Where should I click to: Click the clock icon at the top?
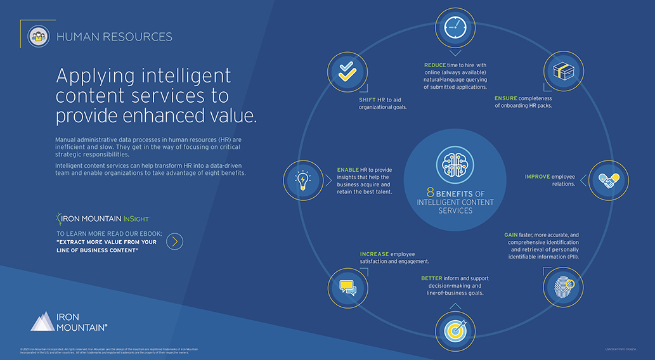point(455,25)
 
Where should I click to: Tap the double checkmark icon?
point(347,70)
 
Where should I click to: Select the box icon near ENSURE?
point(562,70)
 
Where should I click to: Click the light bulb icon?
point(303,180)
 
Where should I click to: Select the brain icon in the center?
point(455,164)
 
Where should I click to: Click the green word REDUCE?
point(435,65)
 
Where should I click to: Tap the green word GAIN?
point(511,235)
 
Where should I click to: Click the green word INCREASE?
point(374,254)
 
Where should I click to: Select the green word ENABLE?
point(347,169)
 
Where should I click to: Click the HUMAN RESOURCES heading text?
point(114,37)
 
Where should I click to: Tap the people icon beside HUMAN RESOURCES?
point(38,37)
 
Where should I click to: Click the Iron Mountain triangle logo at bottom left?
point(42,321)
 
